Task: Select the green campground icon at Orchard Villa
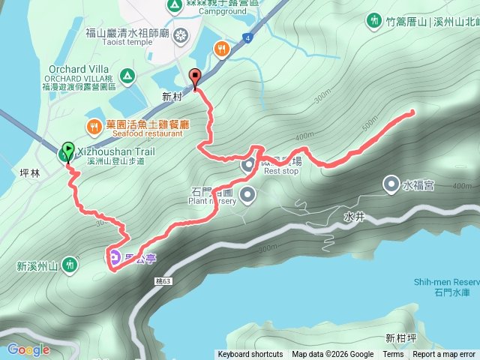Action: coord(127,75)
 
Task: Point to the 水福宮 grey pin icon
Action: coord(391,183)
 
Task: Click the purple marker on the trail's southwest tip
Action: coord(115,258)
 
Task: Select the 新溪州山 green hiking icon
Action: coord(69,265)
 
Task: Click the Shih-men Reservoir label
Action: coord(446,282)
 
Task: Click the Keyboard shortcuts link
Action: coord(250,355)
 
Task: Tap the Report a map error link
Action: coord(444,355)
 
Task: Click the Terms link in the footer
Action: coord(393,355)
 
